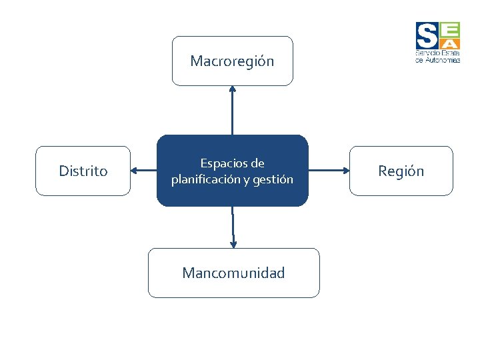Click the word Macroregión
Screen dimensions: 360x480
pos(232,61)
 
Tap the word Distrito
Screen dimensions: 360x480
pos(83,171)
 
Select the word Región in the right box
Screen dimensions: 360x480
pos(401,171)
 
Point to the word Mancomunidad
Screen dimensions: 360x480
pos(233,273)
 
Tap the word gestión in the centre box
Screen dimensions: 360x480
pos(273,179)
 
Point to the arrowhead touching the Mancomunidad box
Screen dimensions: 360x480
pos(233,244)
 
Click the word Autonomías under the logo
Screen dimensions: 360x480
pos(441,59)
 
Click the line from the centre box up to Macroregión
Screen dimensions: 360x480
pos(232,113)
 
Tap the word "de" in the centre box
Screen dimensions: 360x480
pos(258,163)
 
